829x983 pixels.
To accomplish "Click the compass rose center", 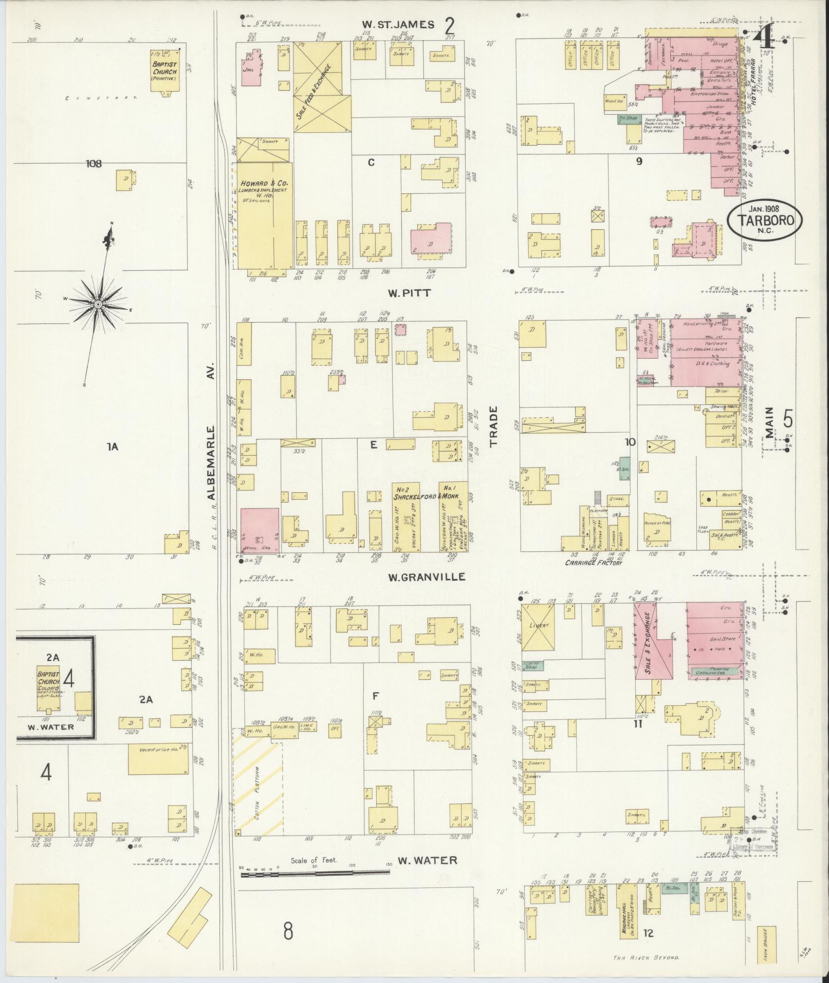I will pyautogui.click(x=97, y=305).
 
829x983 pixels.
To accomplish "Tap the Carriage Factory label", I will pyautogui.click(x=594, y=563).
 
